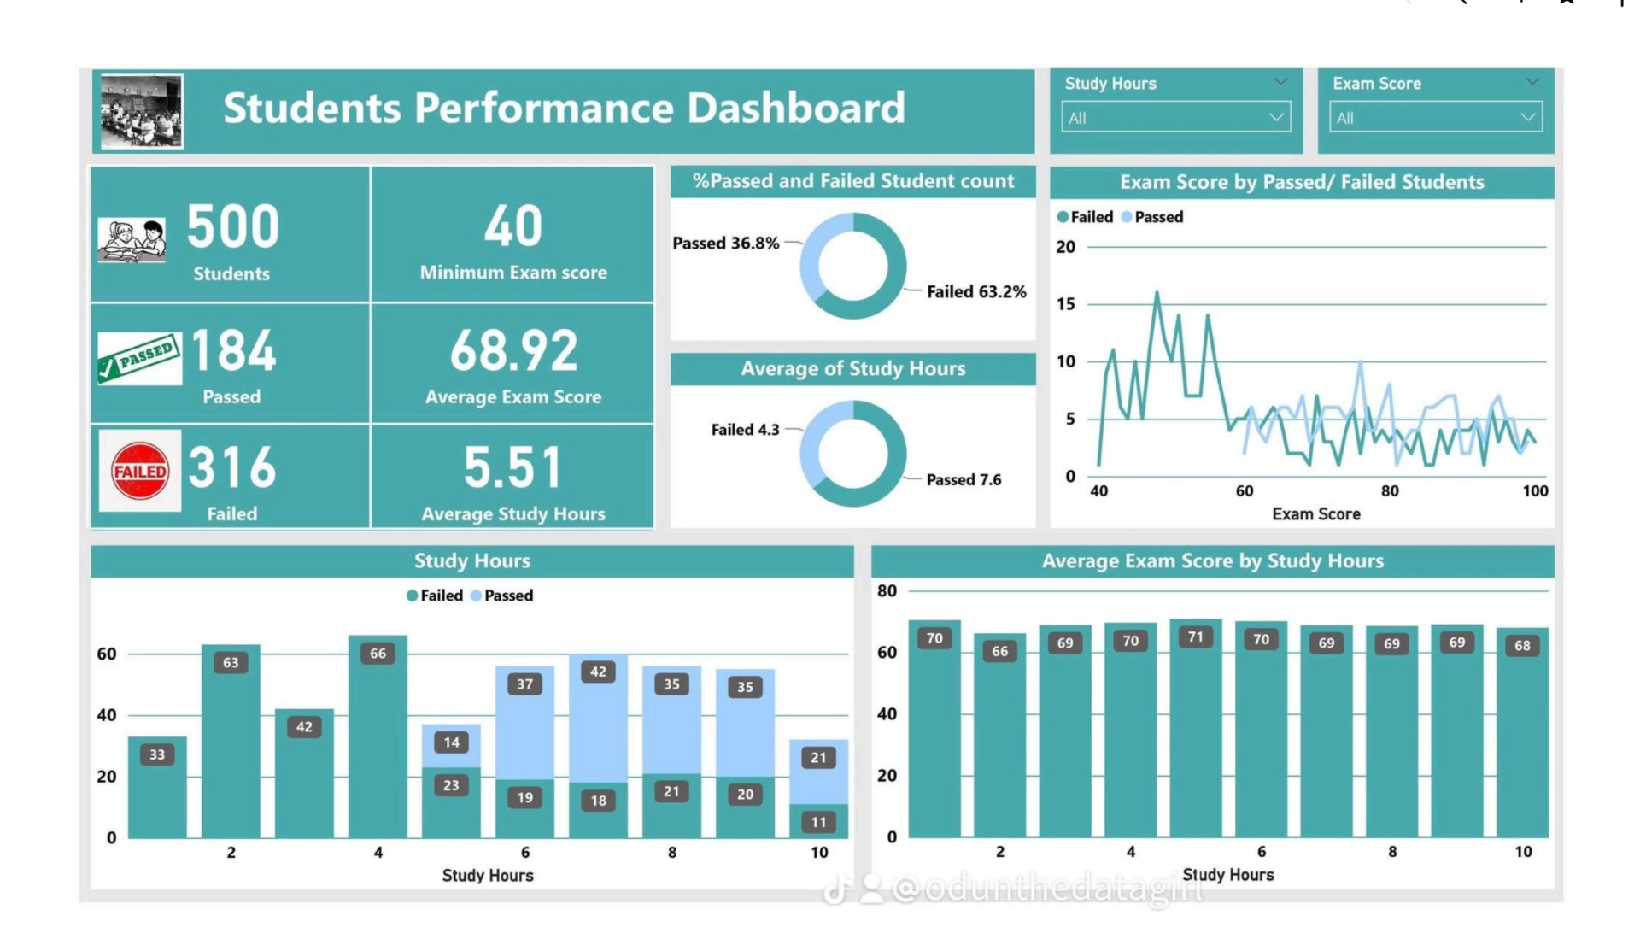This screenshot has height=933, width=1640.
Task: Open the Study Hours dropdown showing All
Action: (x=1174, y=118)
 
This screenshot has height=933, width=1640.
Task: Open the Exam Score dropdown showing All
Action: (x=1435, y=118)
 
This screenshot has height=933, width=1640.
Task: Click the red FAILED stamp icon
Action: (x=140, y=471)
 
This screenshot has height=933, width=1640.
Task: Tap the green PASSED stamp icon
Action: (x=138, y=358)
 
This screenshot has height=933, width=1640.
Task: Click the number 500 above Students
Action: (x=232, y=227)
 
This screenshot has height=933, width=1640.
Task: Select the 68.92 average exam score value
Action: (x=513, y=351)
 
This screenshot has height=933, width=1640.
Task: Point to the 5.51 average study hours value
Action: (x=513, y=468)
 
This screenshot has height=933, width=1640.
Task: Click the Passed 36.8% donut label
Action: (x=725, y=244)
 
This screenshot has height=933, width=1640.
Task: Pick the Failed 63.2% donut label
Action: (x=976, y=292)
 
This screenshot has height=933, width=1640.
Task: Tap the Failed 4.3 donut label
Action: (x=745, y=430)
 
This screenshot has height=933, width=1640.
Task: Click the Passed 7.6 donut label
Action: (x=963, y=480)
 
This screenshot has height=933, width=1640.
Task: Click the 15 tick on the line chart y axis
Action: (x=1065, y=304)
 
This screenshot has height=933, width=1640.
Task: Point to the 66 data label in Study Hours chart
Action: (x=378, y=654)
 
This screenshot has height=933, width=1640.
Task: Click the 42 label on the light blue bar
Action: (x=598, y=672)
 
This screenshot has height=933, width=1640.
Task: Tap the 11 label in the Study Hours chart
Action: (x=818, y=822)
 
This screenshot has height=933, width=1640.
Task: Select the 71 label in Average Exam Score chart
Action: (x=1195, y=637)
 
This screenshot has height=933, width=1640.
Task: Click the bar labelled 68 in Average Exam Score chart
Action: (x=1522, y=735)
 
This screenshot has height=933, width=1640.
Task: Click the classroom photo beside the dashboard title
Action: (x=142, y=111)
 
